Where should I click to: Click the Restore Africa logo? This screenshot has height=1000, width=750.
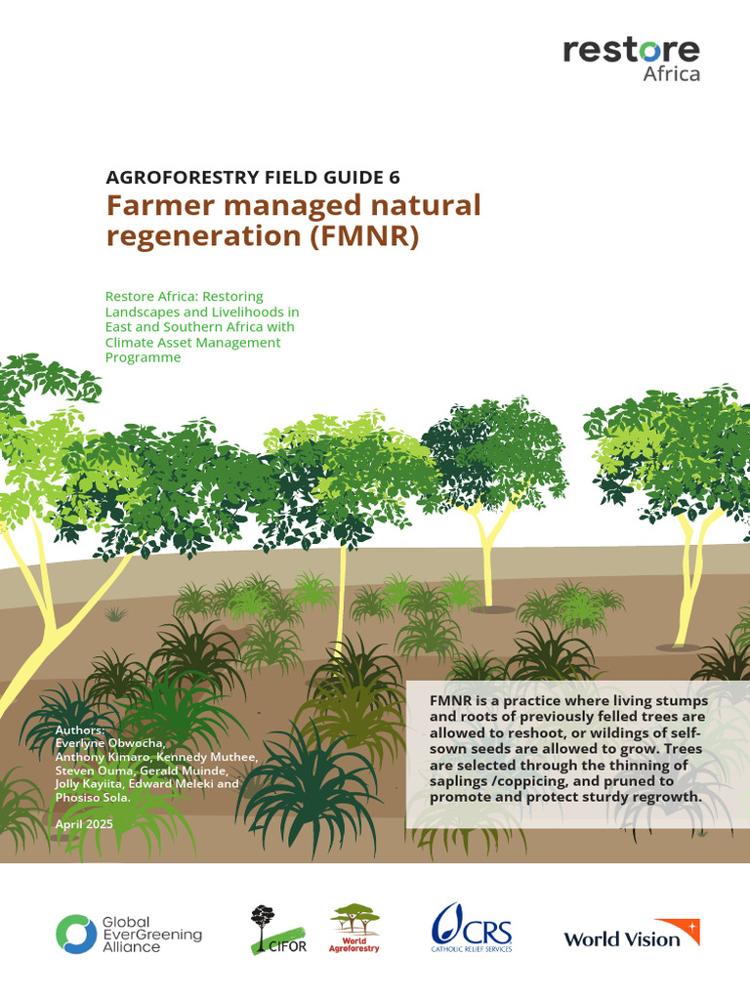tap(631, 60)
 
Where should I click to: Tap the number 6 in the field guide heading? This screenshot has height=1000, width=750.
tap(395, 177)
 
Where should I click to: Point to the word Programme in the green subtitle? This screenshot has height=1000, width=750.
tap(144, 357)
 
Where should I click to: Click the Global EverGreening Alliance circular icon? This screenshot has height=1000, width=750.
tap(75, 934)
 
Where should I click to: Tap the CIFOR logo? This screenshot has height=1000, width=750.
tap(277, 931)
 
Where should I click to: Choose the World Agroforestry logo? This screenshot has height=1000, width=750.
tap(354, 928)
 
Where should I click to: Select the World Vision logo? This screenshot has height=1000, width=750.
tap(631, 936)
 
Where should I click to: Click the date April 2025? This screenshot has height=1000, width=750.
tap(85, 824)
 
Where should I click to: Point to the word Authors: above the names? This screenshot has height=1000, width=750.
tap(80, 730)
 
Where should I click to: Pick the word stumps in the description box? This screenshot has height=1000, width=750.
tap(680, 702)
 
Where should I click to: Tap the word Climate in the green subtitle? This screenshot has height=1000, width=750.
tap(131, 342)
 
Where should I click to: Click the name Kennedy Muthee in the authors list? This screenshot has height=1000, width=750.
tap(216, 757)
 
